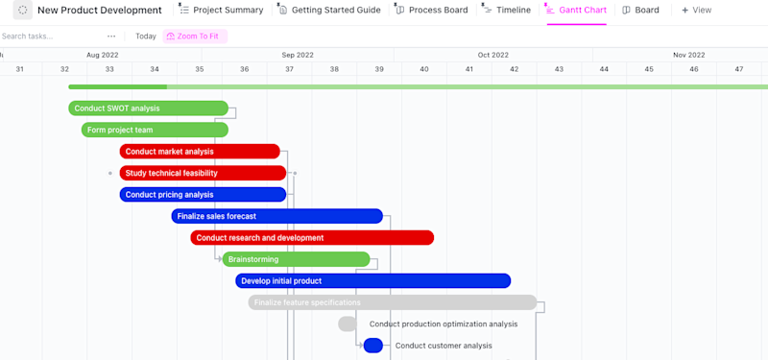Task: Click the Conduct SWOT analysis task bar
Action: tap(148, 108)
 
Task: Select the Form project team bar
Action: tap(155, 130)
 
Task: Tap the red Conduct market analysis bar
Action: tap(200, 152)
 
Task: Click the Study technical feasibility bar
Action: tap(203, 173)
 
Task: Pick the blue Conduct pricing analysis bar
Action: tap(203, 195)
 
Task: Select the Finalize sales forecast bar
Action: tap(276, 216)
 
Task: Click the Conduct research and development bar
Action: tap(312, 238)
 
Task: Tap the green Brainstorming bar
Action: tap(296, 259)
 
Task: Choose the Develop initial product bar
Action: tap(372, 281)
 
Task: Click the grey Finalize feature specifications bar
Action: tap(392, 302)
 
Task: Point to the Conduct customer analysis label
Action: tap(444, 346)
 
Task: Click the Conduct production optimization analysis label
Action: tap(444, 324)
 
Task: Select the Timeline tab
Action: tap(506, 11)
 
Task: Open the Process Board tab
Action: tap(431, 11)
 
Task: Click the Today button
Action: tap(146, 36)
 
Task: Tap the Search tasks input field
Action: tap(48, 36)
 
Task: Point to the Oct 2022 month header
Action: tap(492, 55)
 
